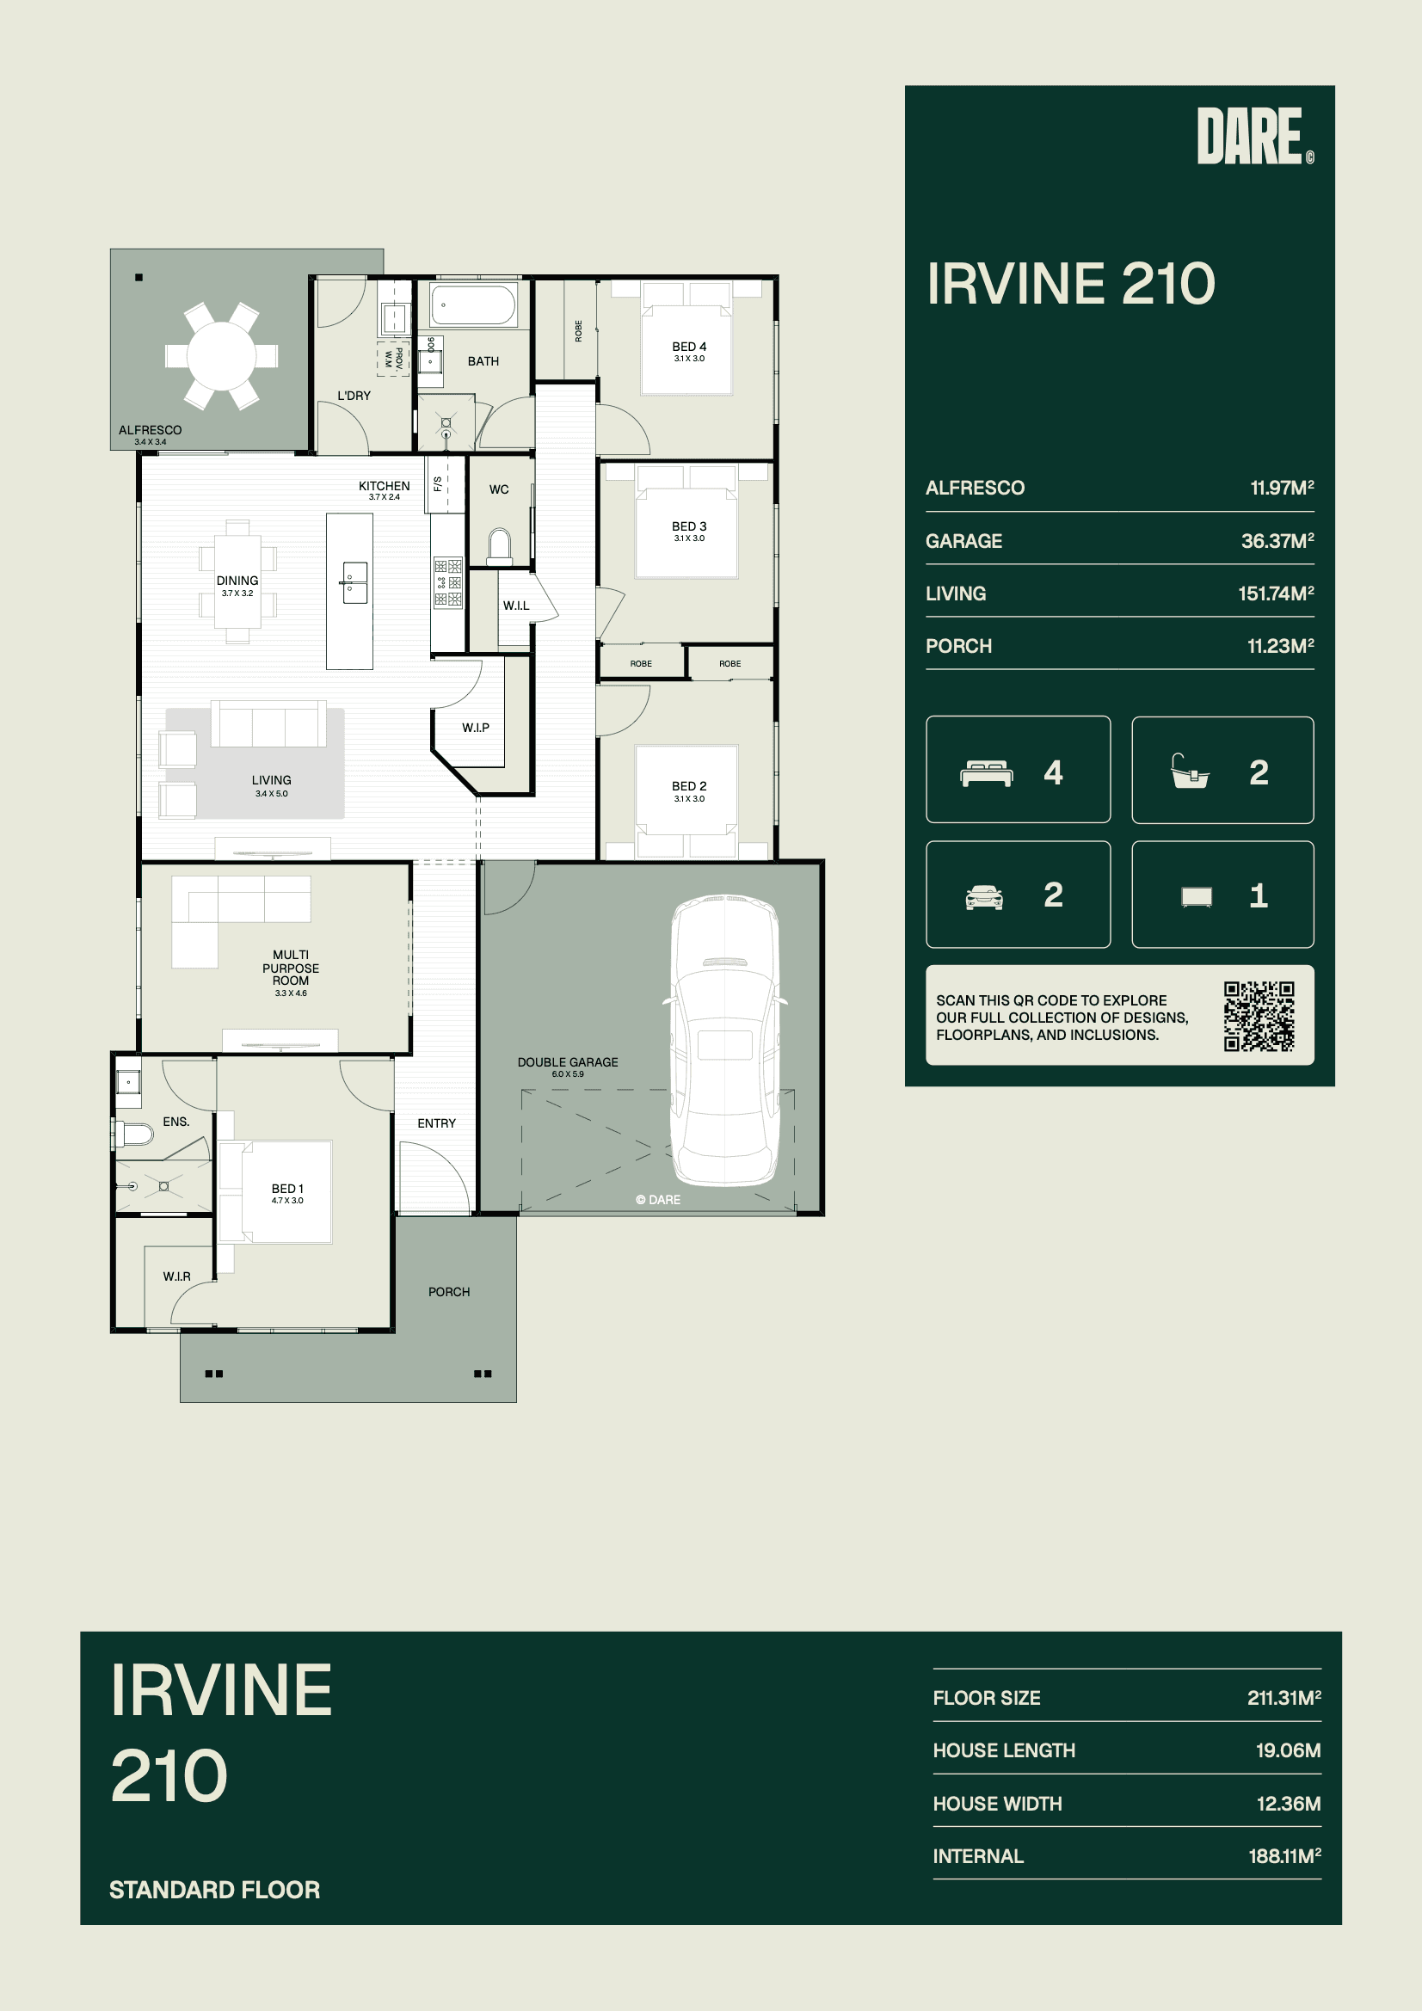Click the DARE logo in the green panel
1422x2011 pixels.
coord(1255,136)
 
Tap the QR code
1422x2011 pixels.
coord(1259,1016)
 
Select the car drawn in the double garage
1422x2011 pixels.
coord(725,1040)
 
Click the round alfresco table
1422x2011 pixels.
coord(221,355)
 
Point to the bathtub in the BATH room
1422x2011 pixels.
coord(472,304)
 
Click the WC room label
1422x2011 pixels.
coord(499,489)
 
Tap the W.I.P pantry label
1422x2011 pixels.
coord(476,728)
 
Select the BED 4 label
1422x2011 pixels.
coord(689,347)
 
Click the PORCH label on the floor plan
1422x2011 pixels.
coord(448,1292)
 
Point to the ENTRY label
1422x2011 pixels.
coord(436,1122)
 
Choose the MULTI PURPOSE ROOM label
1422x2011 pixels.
coord(291,968)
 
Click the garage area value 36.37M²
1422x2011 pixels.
coord(1277,541)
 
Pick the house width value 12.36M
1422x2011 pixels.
coord(1288,1804)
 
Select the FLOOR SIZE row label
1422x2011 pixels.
coord(987,1698)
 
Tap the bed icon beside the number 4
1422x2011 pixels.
coord(987,773)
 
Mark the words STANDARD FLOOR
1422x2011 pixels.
coord(215,1890)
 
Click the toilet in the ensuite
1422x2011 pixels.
coord(134,1135)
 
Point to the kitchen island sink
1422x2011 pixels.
coord(354,582)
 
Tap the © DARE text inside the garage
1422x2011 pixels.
coord(658,1200)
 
